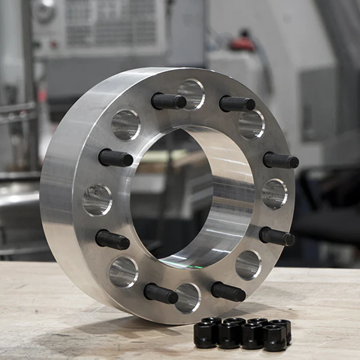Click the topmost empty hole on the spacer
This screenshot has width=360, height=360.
(x=191, y=94)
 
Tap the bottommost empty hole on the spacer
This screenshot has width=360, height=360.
(x=187, y=298)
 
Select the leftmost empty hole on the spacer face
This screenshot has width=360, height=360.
(x=97, y=200)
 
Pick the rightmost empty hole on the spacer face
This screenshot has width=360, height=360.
(x=274, y=194)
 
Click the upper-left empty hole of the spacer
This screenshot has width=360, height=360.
(x=125, y=124)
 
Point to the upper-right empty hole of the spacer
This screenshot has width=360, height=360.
(x=251, y=124)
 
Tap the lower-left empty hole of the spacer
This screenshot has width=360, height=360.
(x=123, y=272)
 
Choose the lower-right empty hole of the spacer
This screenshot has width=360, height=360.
(x=248, y=265)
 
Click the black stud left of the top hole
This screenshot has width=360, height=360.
(x=169, y=101)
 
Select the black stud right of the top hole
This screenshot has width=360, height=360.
(x=237, y=104)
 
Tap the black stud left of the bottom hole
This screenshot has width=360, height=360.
(x=161, y=294)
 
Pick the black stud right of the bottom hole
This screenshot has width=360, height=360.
(x=228, y=291)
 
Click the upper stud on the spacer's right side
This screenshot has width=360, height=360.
(x=281, y=161)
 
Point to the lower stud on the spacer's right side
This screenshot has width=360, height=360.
(x=277, y=237)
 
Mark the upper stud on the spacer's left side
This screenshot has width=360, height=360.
(x=116, y=158)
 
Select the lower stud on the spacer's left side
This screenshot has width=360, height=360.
(x=112, y=240)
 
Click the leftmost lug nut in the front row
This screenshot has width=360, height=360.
(x=205, y=335)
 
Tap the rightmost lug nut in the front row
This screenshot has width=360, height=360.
(x=275, y=337)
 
